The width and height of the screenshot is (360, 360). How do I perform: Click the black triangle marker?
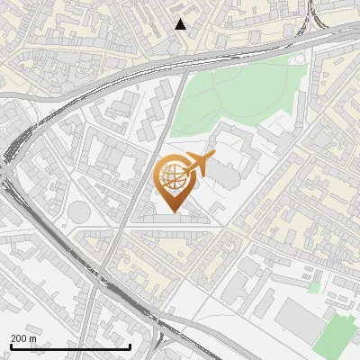point(181,24)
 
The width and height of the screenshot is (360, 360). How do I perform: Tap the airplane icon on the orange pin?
point(200,164)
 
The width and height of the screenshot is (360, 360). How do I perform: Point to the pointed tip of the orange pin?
point(173,213)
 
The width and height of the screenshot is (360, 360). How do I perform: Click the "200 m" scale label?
point(24,338)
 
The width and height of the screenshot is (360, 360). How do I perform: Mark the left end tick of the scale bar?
point(9,346)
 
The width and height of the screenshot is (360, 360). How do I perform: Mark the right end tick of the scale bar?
point(130,346)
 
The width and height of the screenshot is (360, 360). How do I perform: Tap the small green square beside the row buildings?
point(313,287)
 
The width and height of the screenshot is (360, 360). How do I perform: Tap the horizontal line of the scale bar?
point(69,346)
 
